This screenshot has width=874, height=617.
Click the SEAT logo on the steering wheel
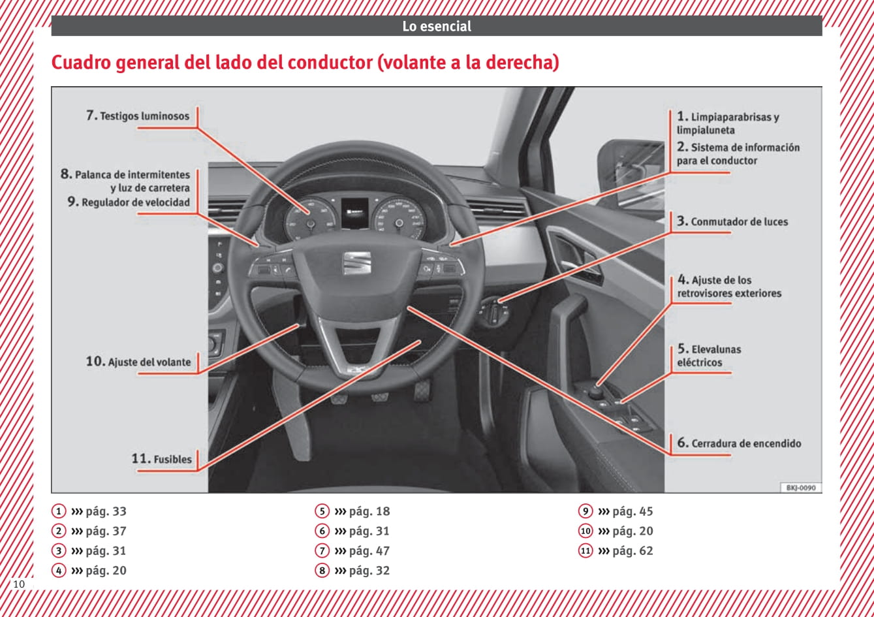coord(357,262)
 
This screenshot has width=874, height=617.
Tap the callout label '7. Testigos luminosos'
coord(138,116)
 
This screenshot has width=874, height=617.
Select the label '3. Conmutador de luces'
coord(732,221)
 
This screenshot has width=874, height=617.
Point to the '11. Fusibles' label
coord(161,458)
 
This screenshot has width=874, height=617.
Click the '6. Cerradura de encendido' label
coord(739,443)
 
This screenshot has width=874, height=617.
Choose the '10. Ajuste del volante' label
coord(138,361)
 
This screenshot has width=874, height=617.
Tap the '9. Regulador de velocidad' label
coord(129,202)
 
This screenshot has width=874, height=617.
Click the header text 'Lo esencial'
coord(437,26)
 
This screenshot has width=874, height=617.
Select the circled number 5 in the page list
coord(322,511)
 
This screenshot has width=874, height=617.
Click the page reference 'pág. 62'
coord(632,550)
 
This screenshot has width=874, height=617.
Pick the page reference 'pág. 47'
coord(369,550)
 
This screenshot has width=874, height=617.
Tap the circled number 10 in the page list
coord(585,531)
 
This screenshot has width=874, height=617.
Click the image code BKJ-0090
coord(801,488)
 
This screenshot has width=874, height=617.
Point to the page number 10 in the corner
coord(19,584)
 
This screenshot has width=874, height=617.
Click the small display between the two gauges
coord(354,213)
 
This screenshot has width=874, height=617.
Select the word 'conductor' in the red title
coord(330,63)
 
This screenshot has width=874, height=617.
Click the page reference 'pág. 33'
coord(106,511)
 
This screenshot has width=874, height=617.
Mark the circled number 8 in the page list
coord(322,570)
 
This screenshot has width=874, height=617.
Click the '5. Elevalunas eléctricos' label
coord(709,356)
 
